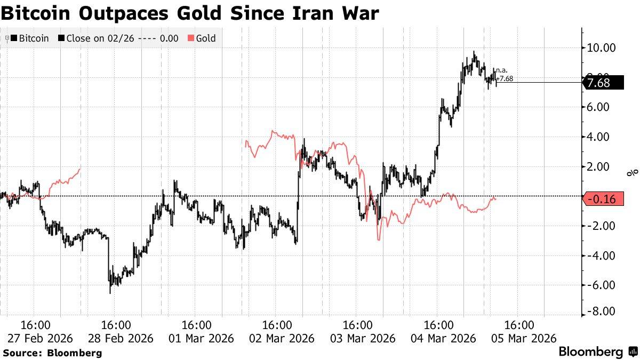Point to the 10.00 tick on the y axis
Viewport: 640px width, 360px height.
[x=601, y=48]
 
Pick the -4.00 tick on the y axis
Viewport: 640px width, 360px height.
[x=601, y=255]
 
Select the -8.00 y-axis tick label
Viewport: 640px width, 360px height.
[x=601, y=311]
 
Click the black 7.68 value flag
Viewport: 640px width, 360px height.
[x=603, y=83]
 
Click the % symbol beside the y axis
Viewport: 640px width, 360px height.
[x=633, y=172]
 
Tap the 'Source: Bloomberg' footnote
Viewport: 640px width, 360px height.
[x=52, y=353]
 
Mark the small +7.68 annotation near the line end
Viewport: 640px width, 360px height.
[x=504, y=78]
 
